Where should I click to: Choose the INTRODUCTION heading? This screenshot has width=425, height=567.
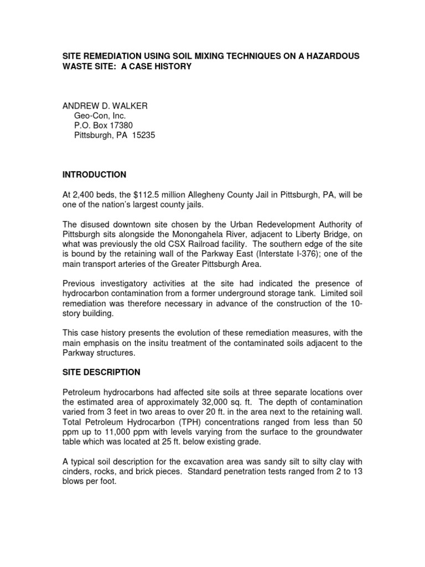(x=94, y=175)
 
